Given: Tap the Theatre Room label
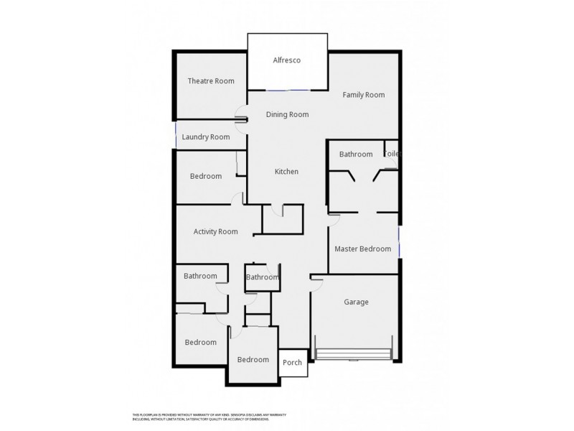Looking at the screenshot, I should pos(211,81).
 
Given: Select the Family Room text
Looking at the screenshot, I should pos(363,95).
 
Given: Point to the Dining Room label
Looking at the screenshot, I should pos(287,114).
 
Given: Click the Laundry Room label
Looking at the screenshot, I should pos(206,136).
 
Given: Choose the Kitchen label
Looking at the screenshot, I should pos(286,172).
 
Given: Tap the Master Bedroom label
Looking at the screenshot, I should pos(363,249).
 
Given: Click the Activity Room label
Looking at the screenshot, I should pos(215,231).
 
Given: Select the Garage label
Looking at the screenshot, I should pos(356,302).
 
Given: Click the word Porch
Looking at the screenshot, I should pos(292,363).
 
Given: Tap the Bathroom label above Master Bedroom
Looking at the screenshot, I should pos(356,154).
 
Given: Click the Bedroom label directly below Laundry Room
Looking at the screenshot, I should pos(206,177).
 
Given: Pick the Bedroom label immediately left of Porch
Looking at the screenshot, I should pos(253,359).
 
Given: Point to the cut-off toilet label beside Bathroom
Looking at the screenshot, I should pos(392,154).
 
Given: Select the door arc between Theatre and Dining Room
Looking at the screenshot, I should pos(242,115).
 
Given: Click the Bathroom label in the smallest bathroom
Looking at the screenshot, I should pos(262,277).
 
